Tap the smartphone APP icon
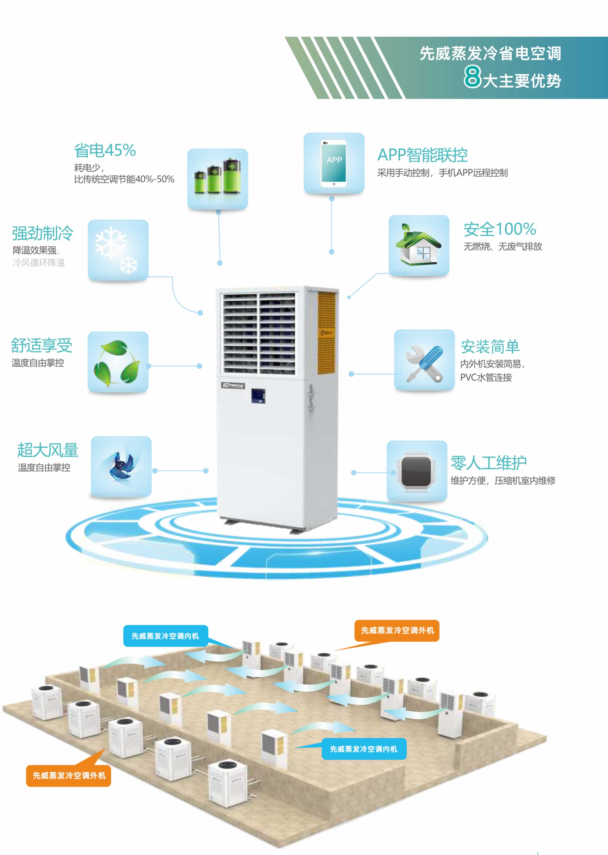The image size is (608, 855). [x=334, y=163]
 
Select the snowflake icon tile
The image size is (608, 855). [x=118, y=250]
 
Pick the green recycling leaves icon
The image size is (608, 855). [x=118, y=362]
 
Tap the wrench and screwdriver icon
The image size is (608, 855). [x=424, y=360]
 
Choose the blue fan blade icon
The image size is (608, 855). [x=121, y=466]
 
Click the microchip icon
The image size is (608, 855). [x=417, y=471]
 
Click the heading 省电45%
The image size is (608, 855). [x=105, y=150]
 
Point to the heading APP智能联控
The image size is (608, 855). [x=422, y=155]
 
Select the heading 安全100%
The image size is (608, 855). [x=500, y=229]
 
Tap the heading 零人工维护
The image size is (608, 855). [x=488, y=463]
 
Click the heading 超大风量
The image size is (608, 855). [x=48, y=450]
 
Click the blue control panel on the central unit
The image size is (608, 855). [x=258, y=396]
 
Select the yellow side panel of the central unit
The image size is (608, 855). [x=326, y=333]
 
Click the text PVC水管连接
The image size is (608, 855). [x=486, y=377]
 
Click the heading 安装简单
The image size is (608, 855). [x=490, y=346]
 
